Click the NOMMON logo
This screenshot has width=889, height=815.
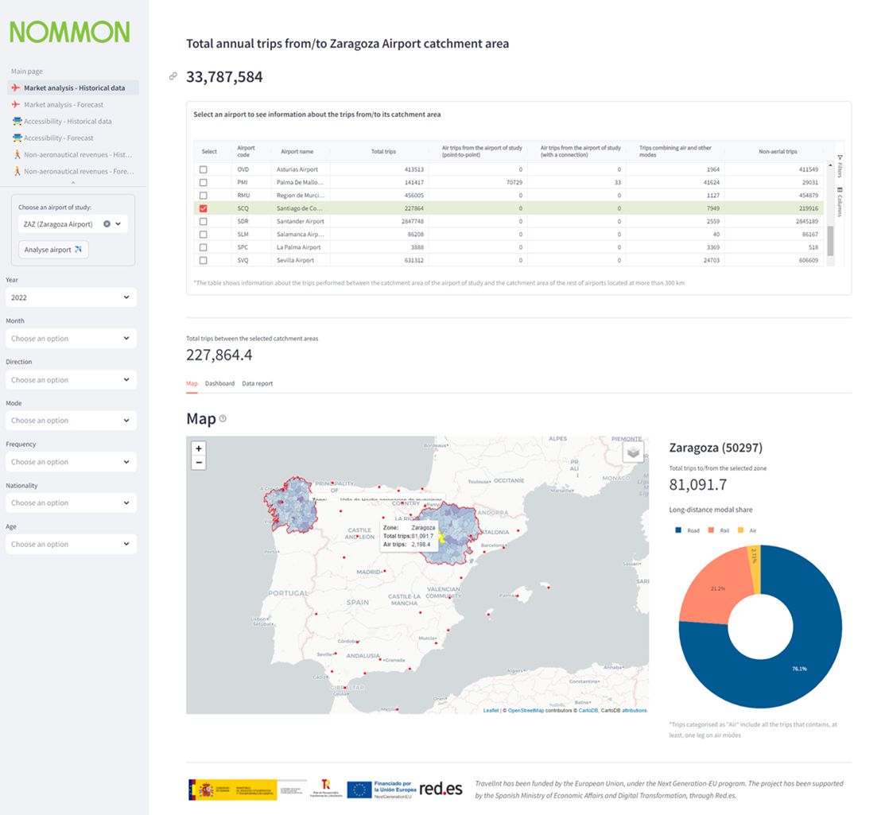(69, 32)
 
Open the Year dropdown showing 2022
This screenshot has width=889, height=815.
(71, 297)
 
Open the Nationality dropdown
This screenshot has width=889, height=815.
(71, 503)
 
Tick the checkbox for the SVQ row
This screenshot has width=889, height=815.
(204, 260)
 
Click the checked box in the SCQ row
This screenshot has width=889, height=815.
(204, 208)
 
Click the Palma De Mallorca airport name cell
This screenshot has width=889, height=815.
(300, 182)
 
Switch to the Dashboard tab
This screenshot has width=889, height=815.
(219, 383)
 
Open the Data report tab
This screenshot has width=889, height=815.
(257, 383)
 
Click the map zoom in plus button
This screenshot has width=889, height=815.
(199, 448)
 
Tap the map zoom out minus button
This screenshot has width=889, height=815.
(199, 462)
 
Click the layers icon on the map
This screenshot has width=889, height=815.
(633, 452)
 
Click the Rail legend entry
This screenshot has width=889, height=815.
(719, 530)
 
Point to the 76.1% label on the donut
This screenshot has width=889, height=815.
(798, 669)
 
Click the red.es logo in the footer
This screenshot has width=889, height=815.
(441, 789)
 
